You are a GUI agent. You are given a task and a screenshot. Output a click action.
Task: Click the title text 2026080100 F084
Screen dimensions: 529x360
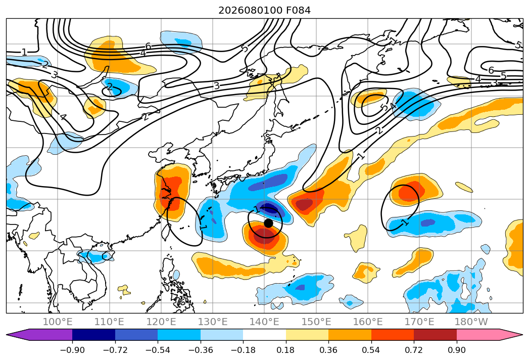[265, 10]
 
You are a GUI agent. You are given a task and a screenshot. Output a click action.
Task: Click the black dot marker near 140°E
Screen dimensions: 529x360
[268, 223]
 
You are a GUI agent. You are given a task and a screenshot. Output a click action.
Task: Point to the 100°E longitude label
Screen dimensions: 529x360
[58, 322]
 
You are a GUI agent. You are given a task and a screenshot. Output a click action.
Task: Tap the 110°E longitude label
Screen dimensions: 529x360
[109, 322]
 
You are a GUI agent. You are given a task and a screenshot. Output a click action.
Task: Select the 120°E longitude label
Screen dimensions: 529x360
[161, 322]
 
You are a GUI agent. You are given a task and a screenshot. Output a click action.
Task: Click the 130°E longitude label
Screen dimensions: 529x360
[213, 322]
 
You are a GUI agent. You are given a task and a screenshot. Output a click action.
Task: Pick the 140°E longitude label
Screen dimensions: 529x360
[264, 322]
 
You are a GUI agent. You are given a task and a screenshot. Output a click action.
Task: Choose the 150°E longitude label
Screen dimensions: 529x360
[316, 322]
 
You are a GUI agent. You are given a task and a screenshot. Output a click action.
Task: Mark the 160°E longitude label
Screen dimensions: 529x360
[368, 322]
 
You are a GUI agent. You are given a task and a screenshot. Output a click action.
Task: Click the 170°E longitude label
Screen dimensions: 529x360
[419, 322]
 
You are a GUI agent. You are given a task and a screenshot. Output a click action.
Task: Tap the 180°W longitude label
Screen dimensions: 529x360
[471, 322]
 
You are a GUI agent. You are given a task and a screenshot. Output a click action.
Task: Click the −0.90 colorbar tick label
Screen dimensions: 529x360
[72, 350]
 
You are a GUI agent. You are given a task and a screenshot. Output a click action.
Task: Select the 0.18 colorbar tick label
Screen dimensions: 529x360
[286, 350]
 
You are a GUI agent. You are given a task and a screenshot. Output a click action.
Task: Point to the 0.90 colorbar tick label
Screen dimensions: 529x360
[456, 350]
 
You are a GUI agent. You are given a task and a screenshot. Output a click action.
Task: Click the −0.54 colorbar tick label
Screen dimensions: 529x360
[158, 350]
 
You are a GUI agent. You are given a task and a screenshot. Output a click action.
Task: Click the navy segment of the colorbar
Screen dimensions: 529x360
[94, 335]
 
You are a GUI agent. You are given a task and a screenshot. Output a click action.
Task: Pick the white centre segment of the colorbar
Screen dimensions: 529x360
[265, 335]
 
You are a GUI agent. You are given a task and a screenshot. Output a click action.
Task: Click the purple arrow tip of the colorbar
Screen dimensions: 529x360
[7, 335]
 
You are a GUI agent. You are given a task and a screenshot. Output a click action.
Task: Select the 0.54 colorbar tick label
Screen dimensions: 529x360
[371, 350]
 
